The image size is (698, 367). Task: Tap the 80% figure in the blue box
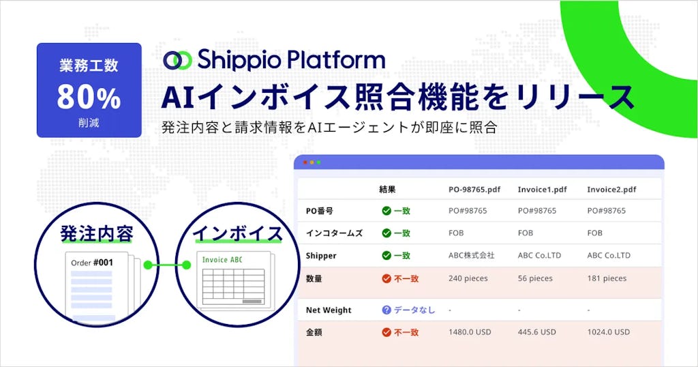pos(89,98)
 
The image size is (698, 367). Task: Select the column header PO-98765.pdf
pos(476,189)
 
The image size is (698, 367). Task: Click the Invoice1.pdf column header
pos(542,189)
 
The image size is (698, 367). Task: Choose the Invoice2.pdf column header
pos(611,189)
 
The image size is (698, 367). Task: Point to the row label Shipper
pos(322,255)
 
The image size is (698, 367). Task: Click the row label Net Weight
pos(329,310)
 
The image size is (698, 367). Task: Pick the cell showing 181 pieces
pos(607,278)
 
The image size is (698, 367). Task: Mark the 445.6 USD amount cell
pos(537,332)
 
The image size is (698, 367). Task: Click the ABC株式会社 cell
pos(472,255)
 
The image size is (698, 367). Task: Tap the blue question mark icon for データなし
pos(386,310)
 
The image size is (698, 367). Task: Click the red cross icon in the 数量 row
pos(386,278)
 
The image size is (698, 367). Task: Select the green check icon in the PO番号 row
pos(386,211)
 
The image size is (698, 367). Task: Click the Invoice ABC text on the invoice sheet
pos(222,260)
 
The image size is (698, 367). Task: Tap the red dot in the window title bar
pos(305,162)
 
